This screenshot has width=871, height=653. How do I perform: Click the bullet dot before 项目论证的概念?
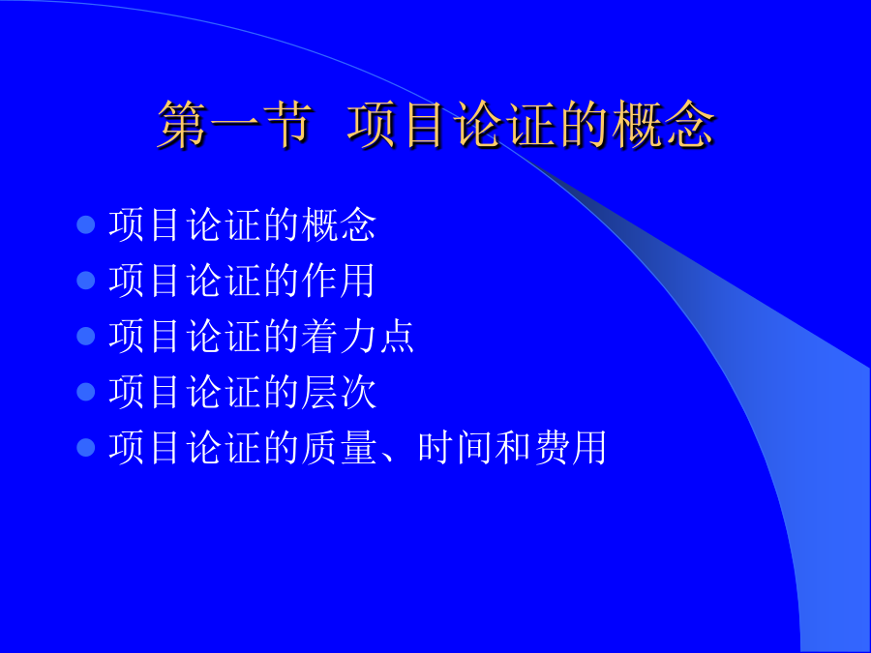point(85,224)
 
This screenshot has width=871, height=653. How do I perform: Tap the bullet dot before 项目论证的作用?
point(85,281)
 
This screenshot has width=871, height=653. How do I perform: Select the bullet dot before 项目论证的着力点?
point(85,336)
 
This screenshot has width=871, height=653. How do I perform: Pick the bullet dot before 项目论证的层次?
point(85,392)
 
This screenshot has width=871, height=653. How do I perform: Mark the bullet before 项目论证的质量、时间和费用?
point(85,447)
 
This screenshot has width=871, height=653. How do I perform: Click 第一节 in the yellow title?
point(234,125)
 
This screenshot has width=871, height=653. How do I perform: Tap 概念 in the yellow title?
point(663,125)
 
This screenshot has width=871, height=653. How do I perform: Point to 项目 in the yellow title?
point(397,125)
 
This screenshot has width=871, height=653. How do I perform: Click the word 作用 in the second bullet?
point(339,281)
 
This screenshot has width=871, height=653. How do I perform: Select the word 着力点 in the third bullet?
point(358,336)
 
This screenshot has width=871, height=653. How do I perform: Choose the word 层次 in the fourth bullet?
point(339,392)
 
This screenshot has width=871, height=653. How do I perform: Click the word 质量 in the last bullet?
point(339,447)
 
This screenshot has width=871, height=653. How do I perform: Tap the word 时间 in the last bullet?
point(455,447)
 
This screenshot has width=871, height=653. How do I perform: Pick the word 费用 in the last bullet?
point(570,447)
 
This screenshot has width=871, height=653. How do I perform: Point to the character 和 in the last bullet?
point(512,447)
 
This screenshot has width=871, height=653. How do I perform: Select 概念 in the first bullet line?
point(339,224)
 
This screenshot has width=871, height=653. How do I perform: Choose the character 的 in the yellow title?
point(584,125)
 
